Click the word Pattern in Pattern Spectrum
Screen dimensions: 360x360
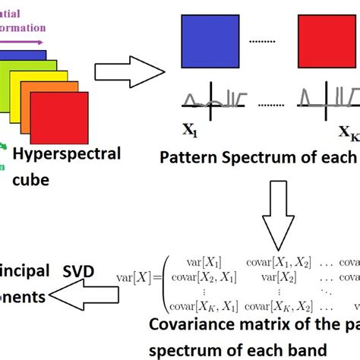click(186, 158)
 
